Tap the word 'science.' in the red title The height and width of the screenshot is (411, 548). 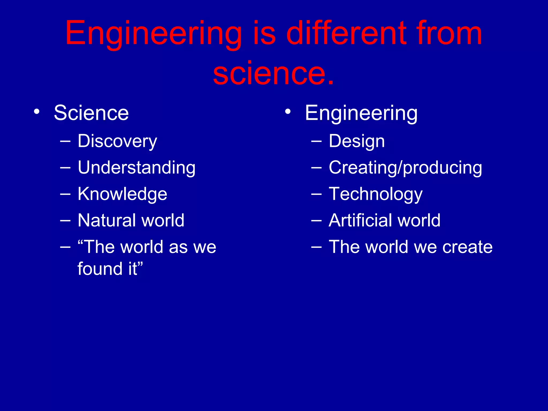pyautogui.click(x=273, y=73)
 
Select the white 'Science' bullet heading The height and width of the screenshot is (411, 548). pyautogui.click(x=91, y=113)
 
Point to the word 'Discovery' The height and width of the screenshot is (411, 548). pyautogui.click(x=117, y=141)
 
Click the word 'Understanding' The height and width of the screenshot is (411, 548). pyautogui.click(x=136, y=168)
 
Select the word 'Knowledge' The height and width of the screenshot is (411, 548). pyautogui.click(x=122, y=194)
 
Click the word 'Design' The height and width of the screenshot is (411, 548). pyautogui.click(x=356, y=141)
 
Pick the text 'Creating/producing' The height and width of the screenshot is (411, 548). pyautogui.click(x=405, y=168)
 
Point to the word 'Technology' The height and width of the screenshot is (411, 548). pyautogui.click(x=375, y=194)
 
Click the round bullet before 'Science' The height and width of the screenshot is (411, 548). pyautogui.click(x=37, y=112)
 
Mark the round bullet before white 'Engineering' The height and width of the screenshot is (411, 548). pyautogui.click(x=288, y=112)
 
